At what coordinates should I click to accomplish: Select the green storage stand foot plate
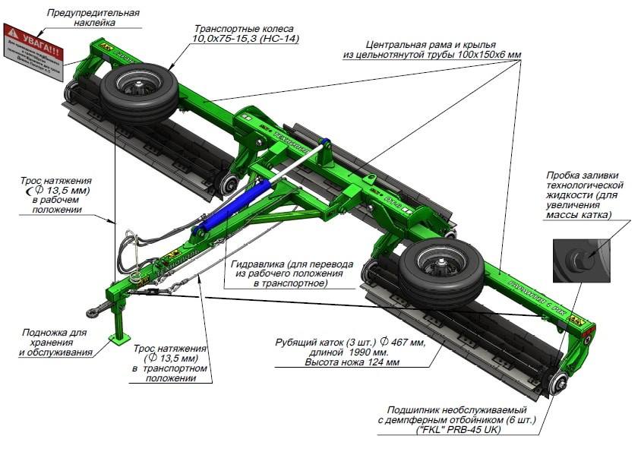(118, 340)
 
